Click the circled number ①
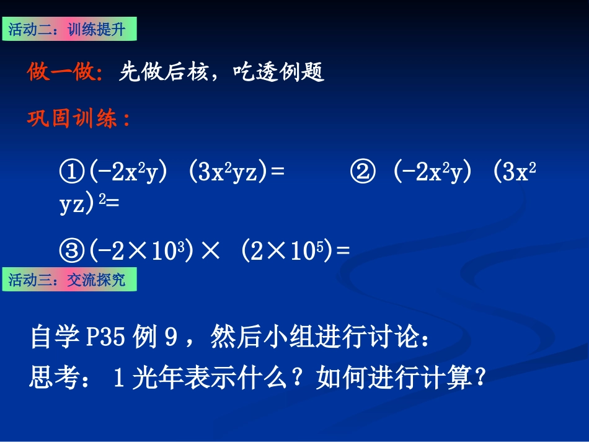pyautogui.click(x=72, y=172)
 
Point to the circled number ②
pyautogui.click(x=363, y=172)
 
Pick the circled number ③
pyautogui.click(x=72, y=250)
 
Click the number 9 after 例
pyautogui.click(x=172, y=338)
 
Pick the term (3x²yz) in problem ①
pyautogui.click(x=229, y=172)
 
